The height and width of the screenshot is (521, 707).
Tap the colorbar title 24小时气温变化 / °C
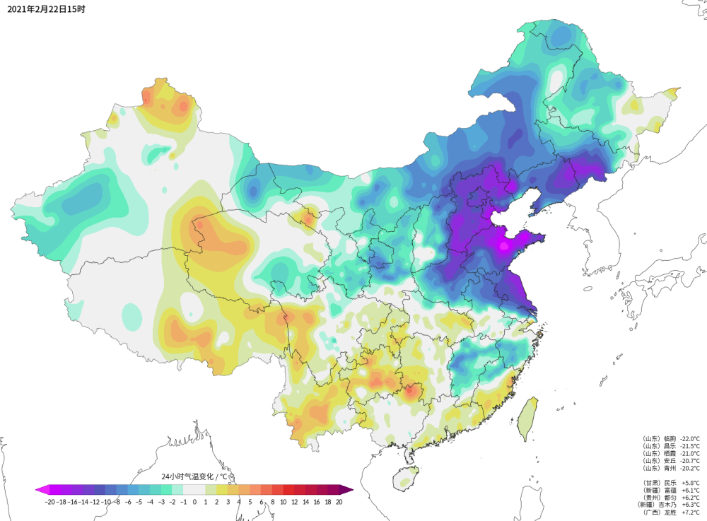point(194,477)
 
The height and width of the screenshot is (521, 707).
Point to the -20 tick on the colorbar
point(49,502)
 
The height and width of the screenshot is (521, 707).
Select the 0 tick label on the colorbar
point(194,502)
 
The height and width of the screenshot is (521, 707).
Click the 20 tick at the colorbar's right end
point(339,502)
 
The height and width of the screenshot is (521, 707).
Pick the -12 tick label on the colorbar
point(95,502)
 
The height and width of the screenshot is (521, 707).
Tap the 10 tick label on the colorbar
point(283,502)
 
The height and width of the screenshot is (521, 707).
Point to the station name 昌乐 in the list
point(667,446)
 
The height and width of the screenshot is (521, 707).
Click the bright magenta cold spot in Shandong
point(503,247)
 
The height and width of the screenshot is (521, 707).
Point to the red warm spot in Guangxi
point(409,390)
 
